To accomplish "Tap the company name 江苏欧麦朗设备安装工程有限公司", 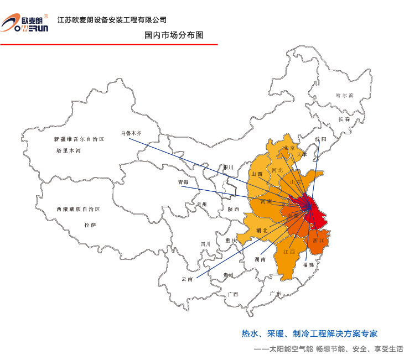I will coord(112,20).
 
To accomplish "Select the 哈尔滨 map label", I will coord(344,95).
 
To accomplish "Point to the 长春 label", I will coord(344,119).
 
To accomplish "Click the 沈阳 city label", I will coord(320,139).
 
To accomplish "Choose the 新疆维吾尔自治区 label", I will coord(79,139).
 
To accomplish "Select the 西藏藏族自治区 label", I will coord(77,210).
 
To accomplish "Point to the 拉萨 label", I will coord(90,225).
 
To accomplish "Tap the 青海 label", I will coord(183,182).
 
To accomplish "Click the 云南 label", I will coord(187,279).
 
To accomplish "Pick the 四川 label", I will coord(205,244).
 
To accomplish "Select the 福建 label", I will coord(308,265).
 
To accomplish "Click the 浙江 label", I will coord(318,241).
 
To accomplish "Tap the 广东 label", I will coord(275,294).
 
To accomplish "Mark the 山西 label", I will coord(257,174).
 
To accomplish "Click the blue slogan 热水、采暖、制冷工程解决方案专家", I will coord(309,333).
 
